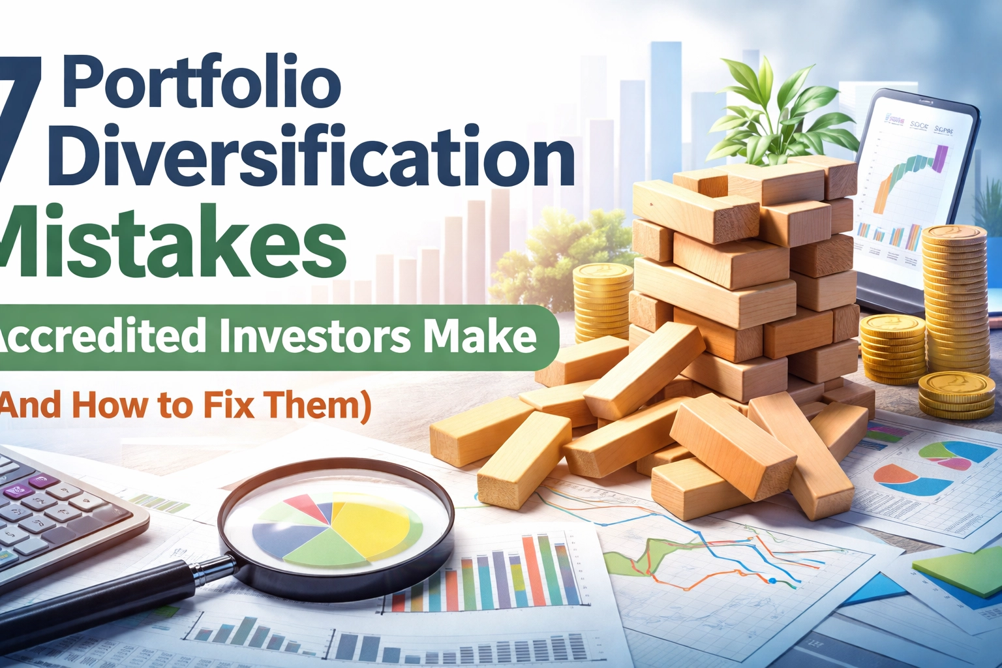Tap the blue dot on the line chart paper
(772, 581)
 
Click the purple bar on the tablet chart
(940, 158)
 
